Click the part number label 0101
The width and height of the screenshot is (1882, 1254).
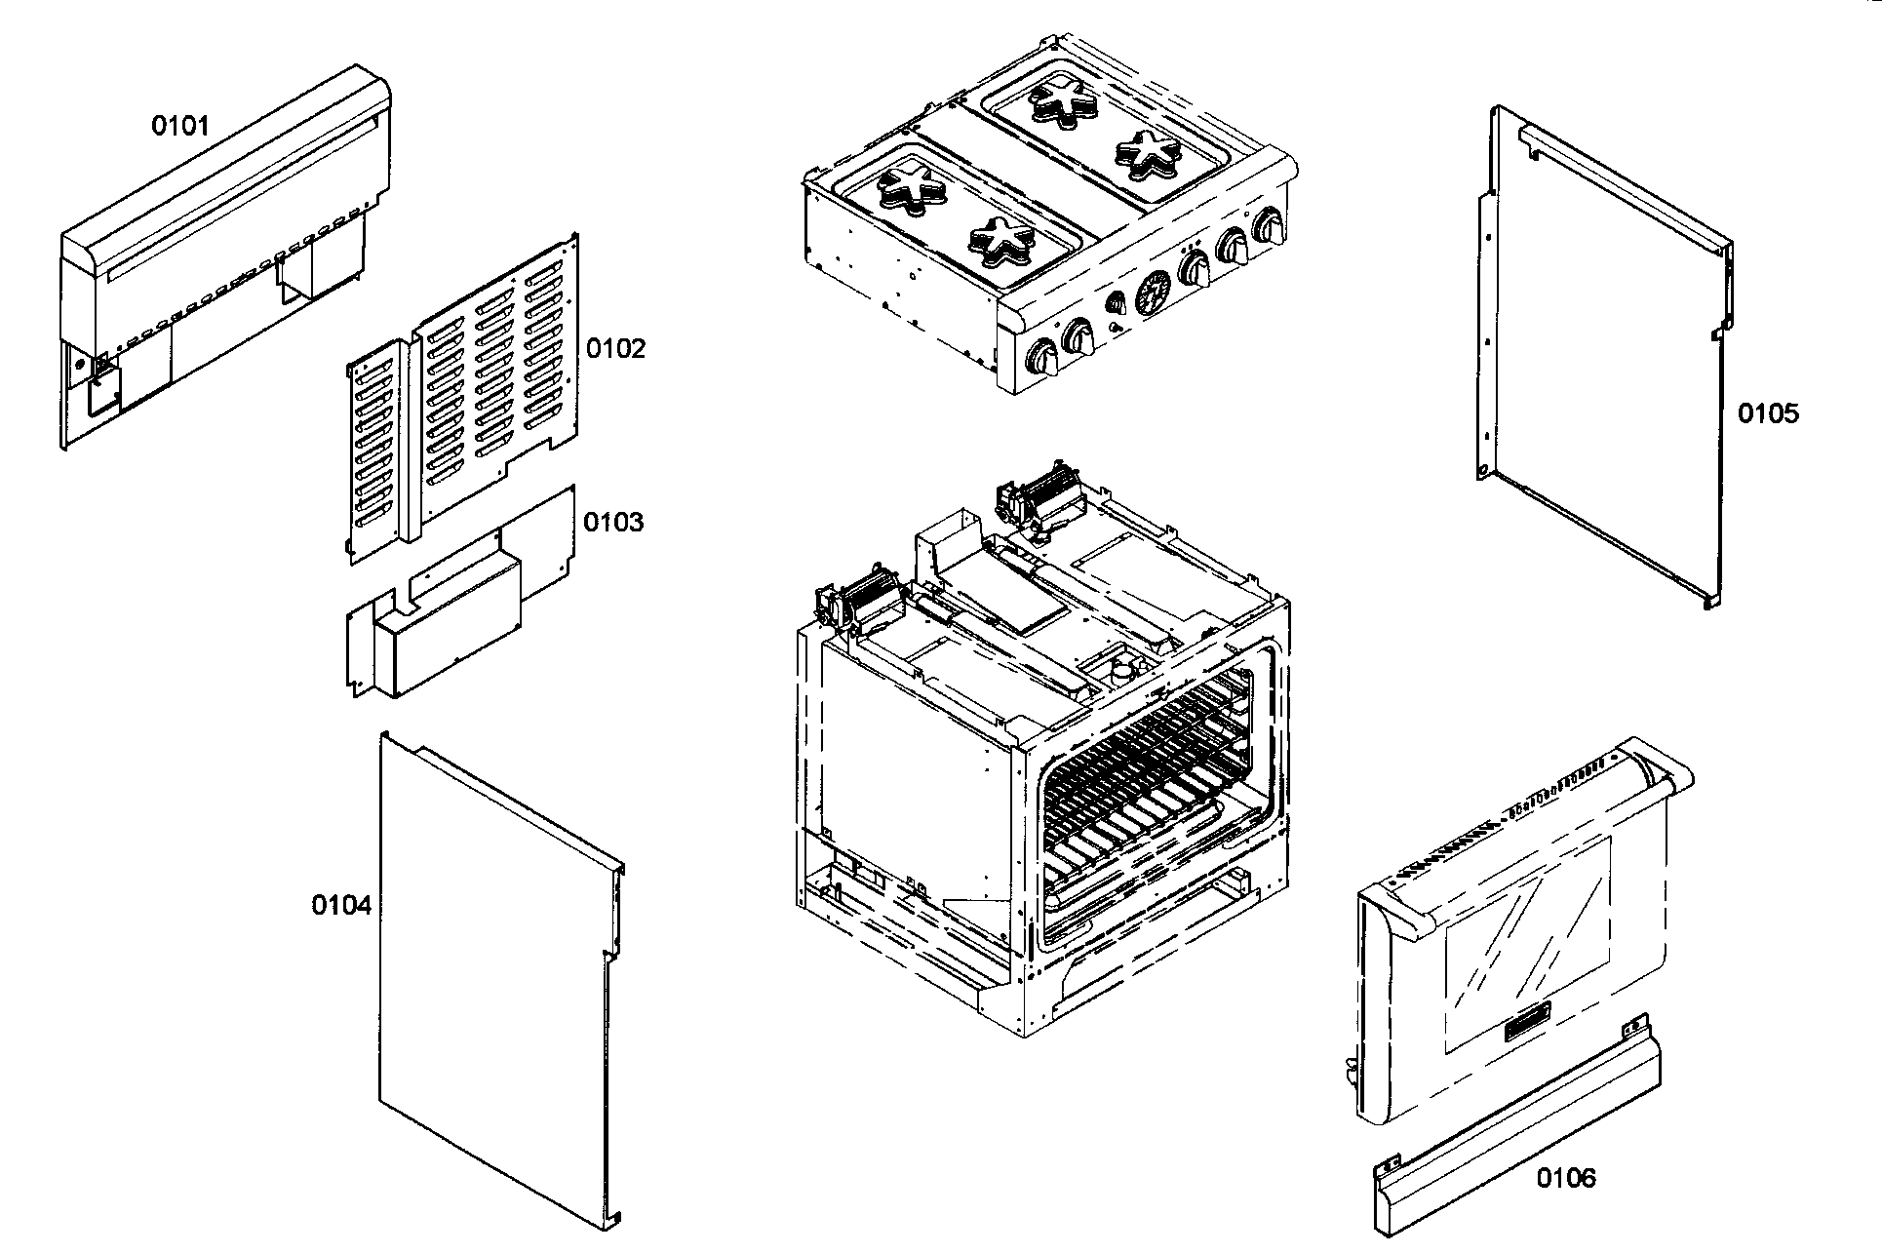click(180, 126)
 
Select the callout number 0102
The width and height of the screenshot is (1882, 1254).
click(615, 349)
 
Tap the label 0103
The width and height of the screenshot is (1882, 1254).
click(613, 523)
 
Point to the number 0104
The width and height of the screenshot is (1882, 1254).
click(341, 906)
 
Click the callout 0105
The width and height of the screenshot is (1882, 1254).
click(1768, 414)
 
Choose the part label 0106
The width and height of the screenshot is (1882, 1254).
click(1567, 1179)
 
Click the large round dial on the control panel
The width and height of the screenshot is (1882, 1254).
click(1154, 291)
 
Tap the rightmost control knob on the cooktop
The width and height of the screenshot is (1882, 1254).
click(1272, 225)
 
